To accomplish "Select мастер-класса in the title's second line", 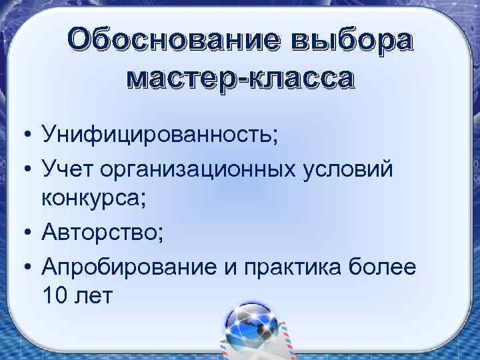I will (241, 79).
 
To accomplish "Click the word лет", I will (97, 295).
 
